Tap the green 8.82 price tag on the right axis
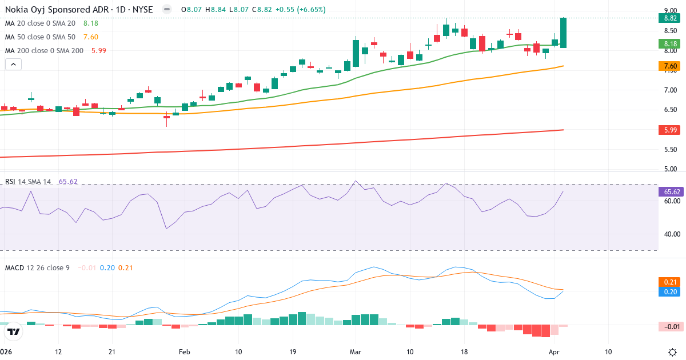(667, 18)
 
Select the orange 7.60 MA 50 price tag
(667, 66)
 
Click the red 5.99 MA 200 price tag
(667, 130)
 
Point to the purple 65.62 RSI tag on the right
(667, 192)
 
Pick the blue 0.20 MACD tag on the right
(667, 291)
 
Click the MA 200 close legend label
(43, 50)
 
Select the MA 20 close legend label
(40, 23)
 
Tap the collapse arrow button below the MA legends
(13, 65)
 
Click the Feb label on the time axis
(184, 351)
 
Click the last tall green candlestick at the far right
(563, 33)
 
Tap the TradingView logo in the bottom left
(14, 331)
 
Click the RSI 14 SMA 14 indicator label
(28, 182)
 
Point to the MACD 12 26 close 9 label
(37, 267)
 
